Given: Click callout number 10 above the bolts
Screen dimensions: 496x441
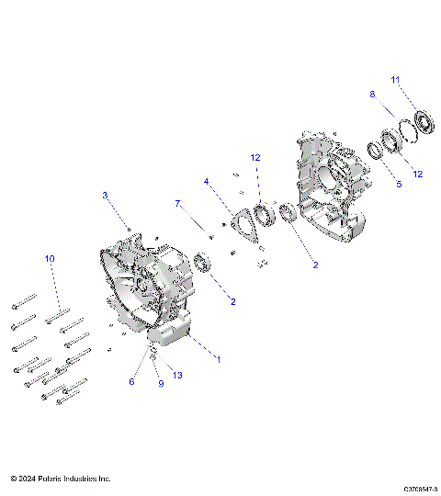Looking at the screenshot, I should pos(50,259).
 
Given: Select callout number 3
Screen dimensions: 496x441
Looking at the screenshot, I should pos(105,195).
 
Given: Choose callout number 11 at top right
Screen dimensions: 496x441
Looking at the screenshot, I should pos(396,81).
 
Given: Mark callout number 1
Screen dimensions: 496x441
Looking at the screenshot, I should pos(218,359).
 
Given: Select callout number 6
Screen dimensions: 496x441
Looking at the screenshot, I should pos(131,381).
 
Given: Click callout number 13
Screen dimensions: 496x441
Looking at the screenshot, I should pos(177,376).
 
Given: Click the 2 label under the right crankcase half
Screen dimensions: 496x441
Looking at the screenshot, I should pos(315,265).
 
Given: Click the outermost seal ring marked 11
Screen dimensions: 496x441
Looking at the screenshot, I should pos(424,121).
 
